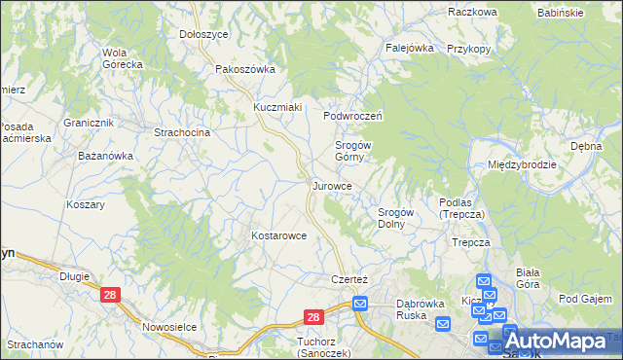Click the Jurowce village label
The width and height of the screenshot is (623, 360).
click(338, 185)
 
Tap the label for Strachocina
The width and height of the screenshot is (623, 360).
click(182, 131)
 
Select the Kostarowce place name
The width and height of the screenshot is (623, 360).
click(279, 235)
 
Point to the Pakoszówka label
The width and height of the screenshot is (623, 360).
click(245, 69)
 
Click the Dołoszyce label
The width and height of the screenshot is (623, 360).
click(203, 34)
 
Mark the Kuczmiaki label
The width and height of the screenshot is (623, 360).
click(278, 106)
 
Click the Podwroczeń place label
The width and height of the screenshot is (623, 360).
click(355, 115)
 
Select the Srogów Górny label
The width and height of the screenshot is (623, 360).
click(349, 151)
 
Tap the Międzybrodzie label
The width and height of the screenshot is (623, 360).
click(522, 164)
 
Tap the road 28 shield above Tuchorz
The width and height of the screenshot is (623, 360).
click(312, 317)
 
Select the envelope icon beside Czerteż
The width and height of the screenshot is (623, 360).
click(360, 304)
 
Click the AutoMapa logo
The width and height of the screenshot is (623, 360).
click(562, 342)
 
